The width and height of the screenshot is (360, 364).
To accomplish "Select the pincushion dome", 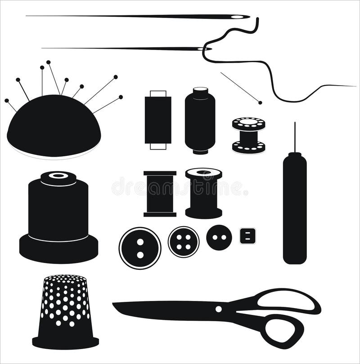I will point(54,126).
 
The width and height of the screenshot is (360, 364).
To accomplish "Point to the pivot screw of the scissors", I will point(219,309).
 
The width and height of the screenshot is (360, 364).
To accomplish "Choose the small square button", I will point(247,236).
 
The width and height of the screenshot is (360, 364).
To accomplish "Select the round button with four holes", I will point(184,242).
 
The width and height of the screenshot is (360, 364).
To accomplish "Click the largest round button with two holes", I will point(140,248).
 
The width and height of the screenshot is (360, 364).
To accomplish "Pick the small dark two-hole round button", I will point(219,237).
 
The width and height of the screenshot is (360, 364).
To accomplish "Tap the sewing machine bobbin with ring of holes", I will point(248,135).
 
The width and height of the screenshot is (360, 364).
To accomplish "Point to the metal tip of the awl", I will point(295,135).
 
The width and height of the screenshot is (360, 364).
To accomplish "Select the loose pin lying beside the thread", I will point(241,88).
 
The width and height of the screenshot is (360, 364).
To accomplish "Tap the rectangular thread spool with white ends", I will point(158,120).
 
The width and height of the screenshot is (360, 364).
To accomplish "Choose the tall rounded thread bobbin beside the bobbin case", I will point(200,121).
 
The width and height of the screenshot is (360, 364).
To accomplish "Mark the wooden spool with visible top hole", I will point(203,193).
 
